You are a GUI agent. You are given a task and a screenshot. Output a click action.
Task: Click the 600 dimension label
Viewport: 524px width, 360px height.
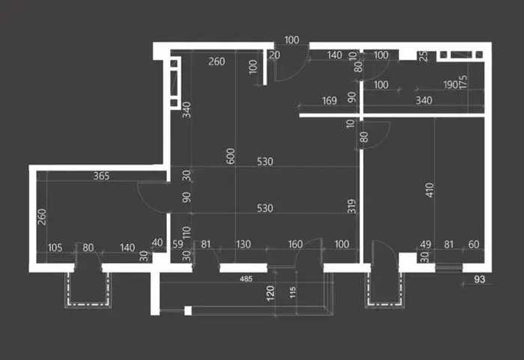pos(231,156)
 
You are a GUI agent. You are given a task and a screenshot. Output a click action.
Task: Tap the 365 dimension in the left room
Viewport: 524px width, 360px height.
pos(101,176)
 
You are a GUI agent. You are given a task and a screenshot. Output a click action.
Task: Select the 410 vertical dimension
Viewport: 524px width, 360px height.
pos(430,190)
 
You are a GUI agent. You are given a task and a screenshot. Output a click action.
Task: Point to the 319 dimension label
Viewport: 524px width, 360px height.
pos(352,207)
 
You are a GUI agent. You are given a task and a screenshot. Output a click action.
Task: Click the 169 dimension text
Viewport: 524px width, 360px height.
pos(329,100)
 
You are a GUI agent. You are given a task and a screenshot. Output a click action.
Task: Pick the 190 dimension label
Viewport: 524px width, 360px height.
pos(450,85)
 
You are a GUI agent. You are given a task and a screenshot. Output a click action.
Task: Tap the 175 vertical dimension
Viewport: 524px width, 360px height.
pos(463,82)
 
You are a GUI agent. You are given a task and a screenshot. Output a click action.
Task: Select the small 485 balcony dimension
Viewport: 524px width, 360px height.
pos(246,278)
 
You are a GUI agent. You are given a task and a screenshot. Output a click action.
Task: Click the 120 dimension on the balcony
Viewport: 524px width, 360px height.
pos(270,293)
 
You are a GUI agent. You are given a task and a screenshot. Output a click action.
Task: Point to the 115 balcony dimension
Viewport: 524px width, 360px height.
pos(293,292)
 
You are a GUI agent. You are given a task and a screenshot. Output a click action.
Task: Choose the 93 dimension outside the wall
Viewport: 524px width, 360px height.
pos(480,279)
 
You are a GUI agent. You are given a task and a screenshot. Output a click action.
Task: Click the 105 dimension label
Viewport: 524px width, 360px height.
pos(55,248)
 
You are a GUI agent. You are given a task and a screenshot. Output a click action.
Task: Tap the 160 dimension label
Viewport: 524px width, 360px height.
pos(296,244)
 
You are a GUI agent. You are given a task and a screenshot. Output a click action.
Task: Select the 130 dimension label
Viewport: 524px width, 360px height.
pos(243,244)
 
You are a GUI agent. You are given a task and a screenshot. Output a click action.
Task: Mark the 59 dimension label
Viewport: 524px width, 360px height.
pos(178,244)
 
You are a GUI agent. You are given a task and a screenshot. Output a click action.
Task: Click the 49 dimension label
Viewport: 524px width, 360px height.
pos(425,244)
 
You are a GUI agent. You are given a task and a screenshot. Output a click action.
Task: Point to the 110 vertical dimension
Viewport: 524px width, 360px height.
pos(186,232)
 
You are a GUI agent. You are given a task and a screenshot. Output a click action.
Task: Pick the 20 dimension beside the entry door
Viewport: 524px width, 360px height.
pos(275,55)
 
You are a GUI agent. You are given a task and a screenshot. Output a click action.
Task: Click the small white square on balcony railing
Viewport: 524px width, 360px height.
pos(188,311)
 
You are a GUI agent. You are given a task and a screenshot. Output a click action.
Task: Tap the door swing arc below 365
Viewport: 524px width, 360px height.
pos(151,198)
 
